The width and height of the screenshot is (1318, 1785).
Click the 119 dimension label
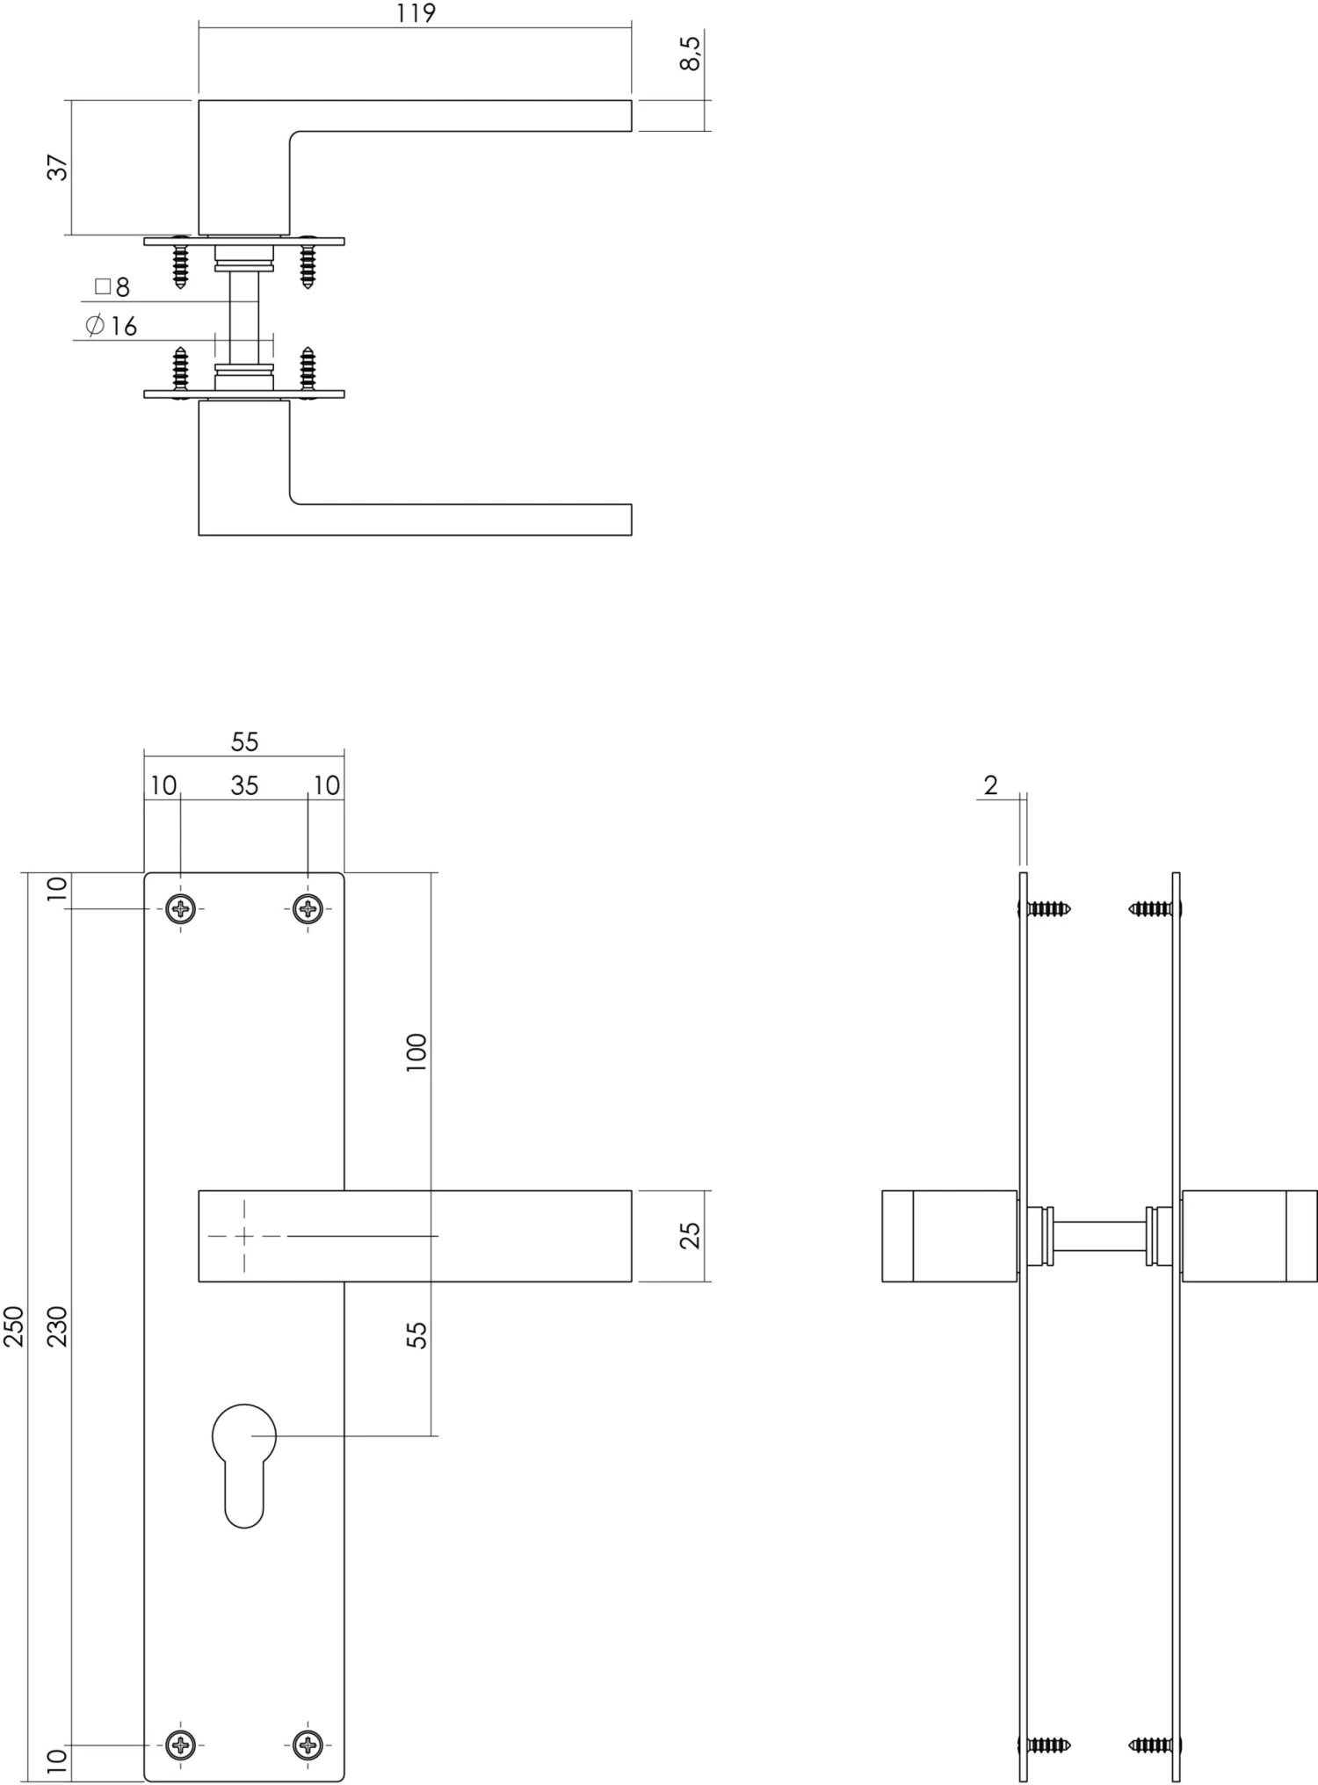(x=416, y=14)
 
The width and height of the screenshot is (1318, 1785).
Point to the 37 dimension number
(x=57, y=167)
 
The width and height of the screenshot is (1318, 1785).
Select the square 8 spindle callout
(x=112, y=287)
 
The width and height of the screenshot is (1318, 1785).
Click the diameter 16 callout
(x=112, y=326)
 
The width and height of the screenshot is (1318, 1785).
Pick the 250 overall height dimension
(x=14, y=1326)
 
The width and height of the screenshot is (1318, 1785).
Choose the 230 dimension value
(x=57, y=1326)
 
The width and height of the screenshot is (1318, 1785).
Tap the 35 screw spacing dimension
(x=244, y=785)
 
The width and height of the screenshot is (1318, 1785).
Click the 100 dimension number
(x=416, y=1051)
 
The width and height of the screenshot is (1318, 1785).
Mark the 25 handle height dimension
(x=692, y=1235)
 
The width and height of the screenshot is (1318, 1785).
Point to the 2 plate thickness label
(x=991, y=785)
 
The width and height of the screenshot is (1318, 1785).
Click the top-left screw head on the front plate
(x=181, y=908)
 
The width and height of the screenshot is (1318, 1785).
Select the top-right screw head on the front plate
(x=307, y=908)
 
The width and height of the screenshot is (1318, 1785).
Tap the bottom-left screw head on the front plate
(x=181, y=1743)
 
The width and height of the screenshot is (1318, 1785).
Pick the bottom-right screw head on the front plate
(x=307, y=1743)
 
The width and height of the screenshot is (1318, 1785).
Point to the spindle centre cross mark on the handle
(x=244, y=1236)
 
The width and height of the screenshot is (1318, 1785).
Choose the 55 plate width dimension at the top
(x=244, y=742)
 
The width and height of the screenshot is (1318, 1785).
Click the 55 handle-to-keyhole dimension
(x=417, y=1335)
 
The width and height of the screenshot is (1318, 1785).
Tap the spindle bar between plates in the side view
(x=1100, y=1236)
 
